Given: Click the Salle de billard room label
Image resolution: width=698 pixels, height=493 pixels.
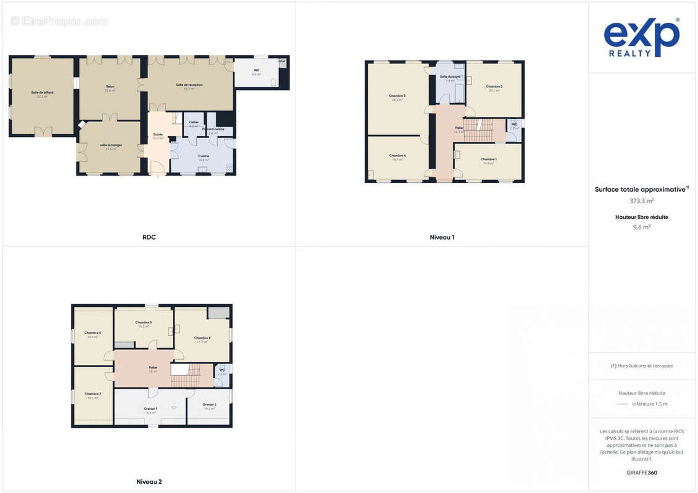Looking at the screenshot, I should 43,92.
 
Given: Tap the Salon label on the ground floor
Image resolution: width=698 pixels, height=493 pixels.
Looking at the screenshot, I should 110,87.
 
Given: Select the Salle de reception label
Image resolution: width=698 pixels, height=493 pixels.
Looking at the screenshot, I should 189,85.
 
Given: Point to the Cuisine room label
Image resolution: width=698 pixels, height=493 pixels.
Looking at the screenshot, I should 204,157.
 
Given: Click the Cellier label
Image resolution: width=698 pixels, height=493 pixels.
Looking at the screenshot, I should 194,123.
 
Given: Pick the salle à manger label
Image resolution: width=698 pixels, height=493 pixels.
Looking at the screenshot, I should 111,145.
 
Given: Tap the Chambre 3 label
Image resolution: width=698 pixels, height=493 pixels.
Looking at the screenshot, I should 397,96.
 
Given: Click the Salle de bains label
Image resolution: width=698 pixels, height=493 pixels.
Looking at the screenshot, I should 451,77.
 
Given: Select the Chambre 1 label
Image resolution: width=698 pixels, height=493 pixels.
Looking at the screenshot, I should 488,160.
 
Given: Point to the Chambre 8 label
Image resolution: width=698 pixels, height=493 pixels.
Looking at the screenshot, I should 202,338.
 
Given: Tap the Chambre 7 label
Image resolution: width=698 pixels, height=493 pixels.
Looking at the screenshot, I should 93,394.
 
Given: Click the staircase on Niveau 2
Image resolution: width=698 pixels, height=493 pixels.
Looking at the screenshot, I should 186,375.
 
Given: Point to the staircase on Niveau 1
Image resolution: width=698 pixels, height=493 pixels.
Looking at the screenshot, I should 478,131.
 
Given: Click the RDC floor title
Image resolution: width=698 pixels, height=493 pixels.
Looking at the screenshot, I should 149,237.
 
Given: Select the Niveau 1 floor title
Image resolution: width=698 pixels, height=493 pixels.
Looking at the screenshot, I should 442,237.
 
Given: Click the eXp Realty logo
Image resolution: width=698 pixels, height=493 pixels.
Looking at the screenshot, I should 641,38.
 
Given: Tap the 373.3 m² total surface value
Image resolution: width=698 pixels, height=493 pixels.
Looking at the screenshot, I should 642,201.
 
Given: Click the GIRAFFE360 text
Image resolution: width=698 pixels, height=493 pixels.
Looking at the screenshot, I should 642,473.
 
